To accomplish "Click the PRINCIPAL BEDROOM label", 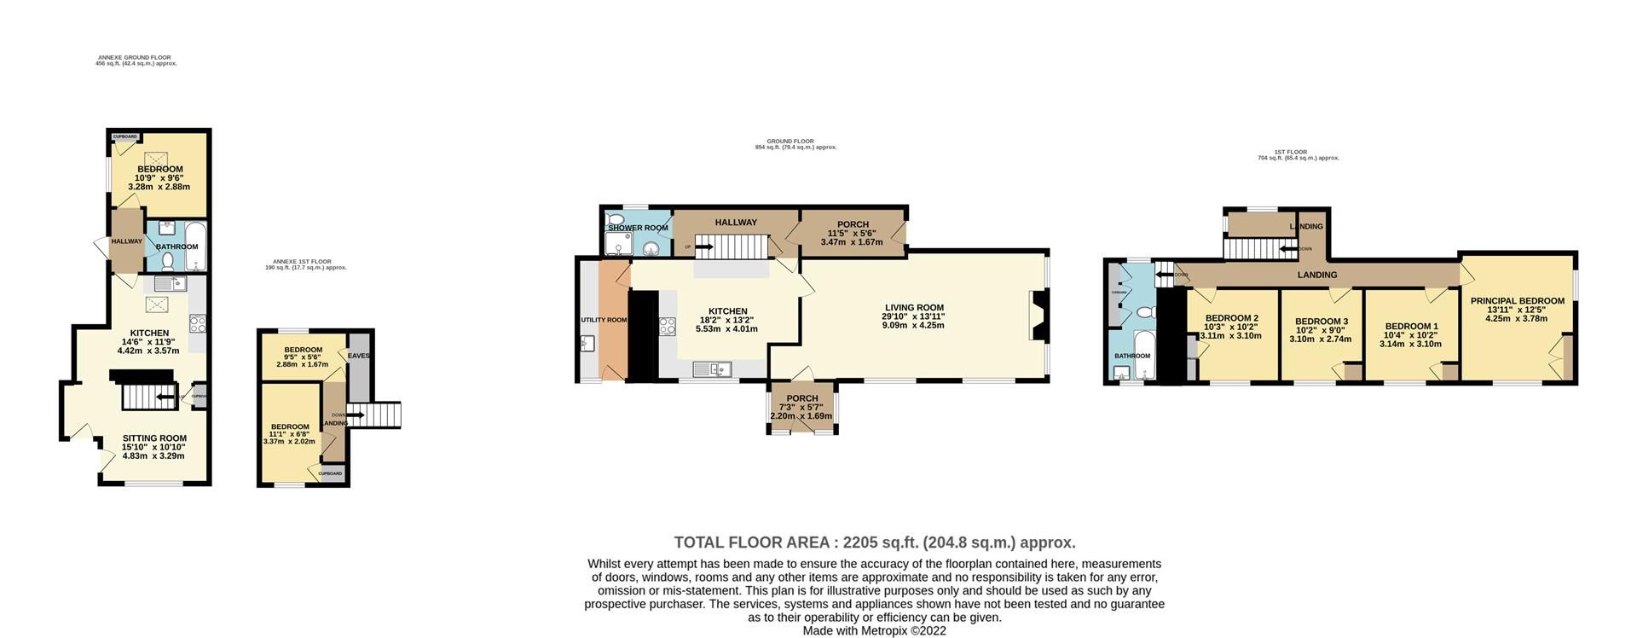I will point(1517,300).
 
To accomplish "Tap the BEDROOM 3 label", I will point(1322,322).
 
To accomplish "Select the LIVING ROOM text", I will point(914,307).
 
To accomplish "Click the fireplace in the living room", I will point(1039,316).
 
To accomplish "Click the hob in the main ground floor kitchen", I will point(667,326).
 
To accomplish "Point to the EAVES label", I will point(358,356).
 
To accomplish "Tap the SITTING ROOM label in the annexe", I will point(153,438).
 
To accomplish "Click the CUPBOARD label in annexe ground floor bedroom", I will point(125,136).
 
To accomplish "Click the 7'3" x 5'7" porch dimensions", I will point(801,407).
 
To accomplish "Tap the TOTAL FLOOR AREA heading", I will point(874,542).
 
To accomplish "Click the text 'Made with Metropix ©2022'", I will point(874,631).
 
